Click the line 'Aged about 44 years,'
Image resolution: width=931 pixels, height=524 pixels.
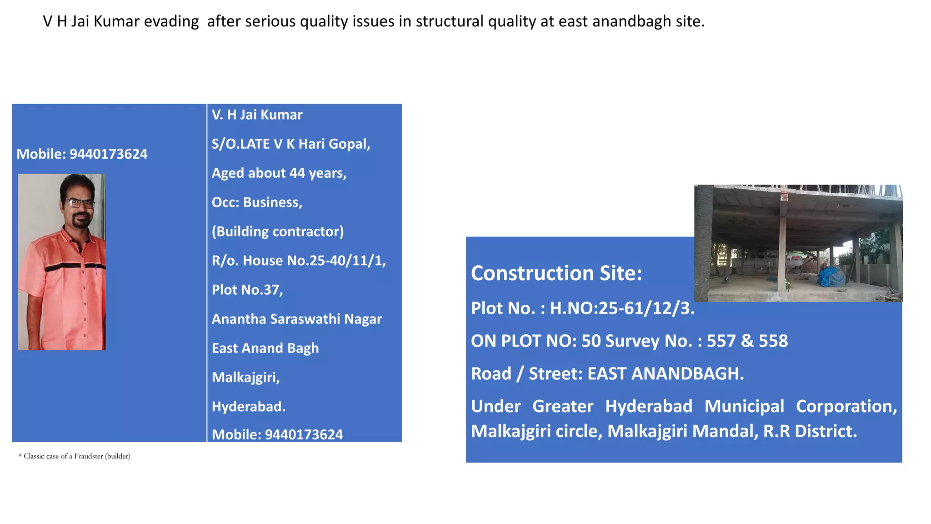click(279, 173)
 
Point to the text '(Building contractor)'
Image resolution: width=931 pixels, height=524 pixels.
click(278, 232)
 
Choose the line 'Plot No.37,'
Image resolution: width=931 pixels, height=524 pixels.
click(247, 290)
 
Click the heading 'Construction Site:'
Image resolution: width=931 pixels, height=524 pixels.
click(556, 273)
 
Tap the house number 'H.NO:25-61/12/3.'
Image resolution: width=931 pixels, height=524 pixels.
click(622, 308)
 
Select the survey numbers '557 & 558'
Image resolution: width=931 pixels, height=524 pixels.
click(747, 341)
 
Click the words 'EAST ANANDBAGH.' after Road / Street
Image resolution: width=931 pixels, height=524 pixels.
click(666, 374)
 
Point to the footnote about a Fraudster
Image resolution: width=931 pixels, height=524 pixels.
click(74, 456)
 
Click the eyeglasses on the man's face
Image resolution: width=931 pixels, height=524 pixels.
click(79, 203)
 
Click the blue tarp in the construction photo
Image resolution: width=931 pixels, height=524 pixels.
click(832, 277)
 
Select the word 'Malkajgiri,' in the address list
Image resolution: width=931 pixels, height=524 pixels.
click(245, 378)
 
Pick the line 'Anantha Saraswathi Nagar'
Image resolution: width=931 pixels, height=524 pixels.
click(296, 319)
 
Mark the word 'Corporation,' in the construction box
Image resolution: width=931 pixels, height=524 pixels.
click(846, 407)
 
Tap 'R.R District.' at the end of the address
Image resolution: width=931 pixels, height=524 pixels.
click(810, 431)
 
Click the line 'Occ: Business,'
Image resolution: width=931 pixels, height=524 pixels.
click(257, 202)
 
